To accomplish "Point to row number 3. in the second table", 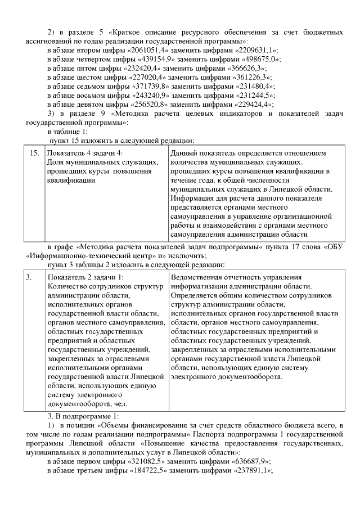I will (x=29, y=277).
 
